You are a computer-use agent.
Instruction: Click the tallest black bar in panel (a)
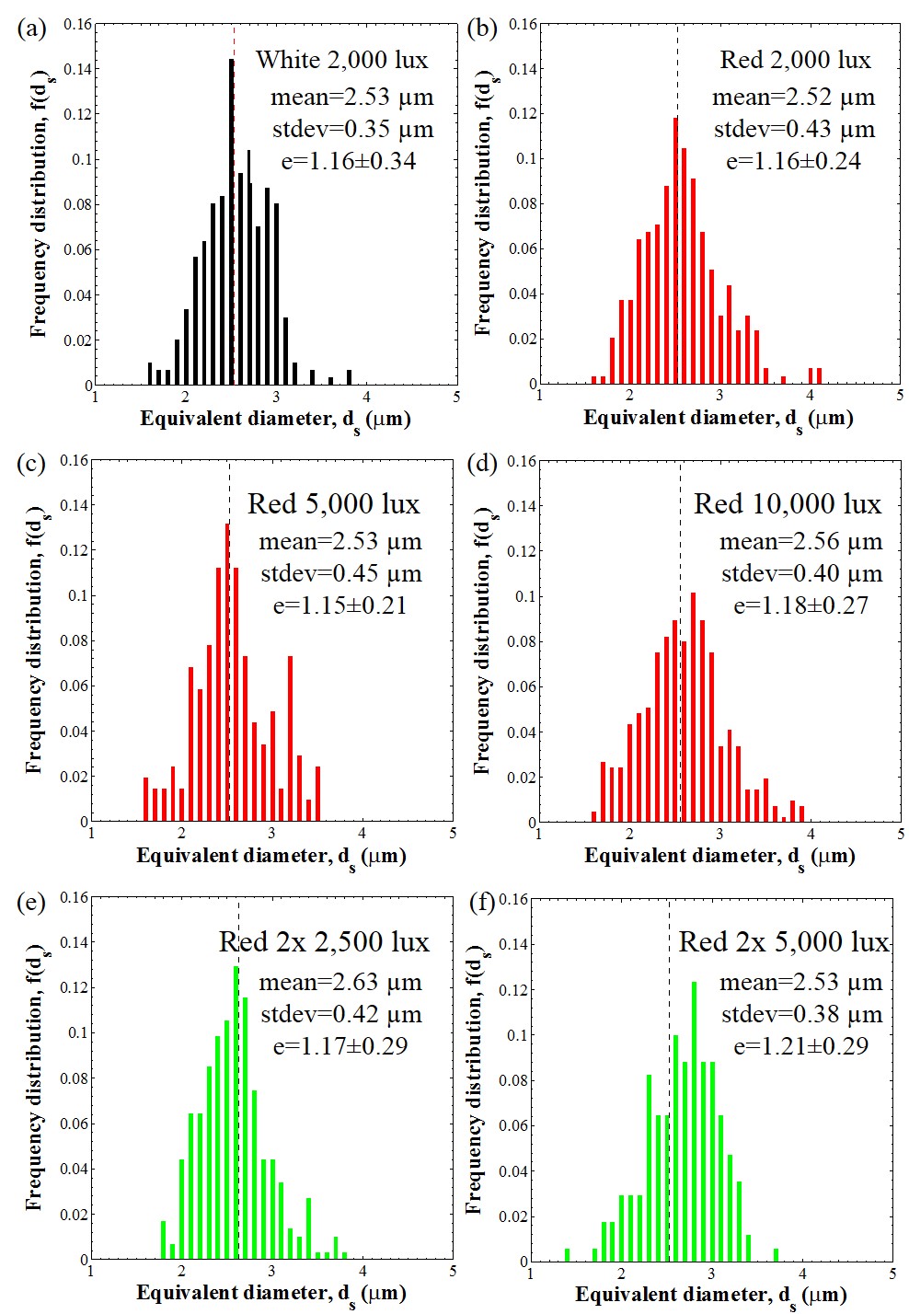(x=231, y=221)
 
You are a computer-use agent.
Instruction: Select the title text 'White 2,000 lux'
(x=341, y=61)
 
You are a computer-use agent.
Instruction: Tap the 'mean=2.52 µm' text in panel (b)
(x=793, y=98)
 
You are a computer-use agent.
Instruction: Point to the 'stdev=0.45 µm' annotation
(x=340, y=574)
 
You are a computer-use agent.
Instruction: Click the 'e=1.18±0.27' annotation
(x=800, y=605)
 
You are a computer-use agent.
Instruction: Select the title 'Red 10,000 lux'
(x=787, y=504)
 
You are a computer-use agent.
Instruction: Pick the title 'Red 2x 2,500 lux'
(x=324, y=942)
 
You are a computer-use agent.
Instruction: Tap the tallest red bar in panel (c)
(x=227, y=672)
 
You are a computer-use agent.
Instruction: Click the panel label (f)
(x=482, y=902)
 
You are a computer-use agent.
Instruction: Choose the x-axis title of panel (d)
(x=719, y=857)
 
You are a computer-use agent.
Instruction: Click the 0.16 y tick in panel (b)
(x=523, y=23)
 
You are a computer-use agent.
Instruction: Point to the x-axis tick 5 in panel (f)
(x=892, y=1274)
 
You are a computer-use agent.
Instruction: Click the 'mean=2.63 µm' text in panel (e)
(x=340, y=983)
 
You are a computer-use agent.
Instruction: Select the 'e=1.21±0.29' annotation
(x=800, y=1046)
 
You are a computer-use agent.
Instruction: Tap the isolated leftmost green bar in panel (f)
(x=567, y=1254)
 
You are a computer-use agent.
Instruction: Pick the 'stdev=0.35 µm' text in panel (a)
(x=352, y=130)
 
